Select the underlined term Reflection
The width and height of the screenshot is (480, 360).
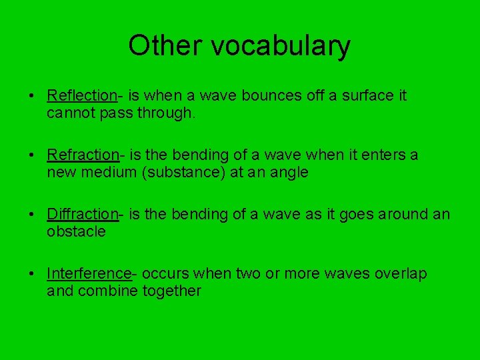(82, 95)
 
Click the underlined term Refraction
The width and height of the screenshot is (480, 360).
(83, 155)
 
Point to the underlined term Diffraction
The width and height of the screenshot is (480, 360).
(83, 214)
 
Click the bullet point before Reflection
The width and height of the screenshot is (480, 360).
(32, 95)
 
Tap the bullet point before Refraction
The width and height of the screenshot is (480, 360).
(32, 155)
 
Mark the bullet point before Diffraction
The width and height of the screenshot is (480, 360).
(32, 214)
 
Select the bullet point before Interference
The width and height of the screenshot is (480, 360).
(32, 273)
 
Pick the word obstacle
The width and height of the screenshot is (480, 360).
(76, 232)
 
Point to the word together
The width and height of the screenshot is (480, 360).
(171, 291)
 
